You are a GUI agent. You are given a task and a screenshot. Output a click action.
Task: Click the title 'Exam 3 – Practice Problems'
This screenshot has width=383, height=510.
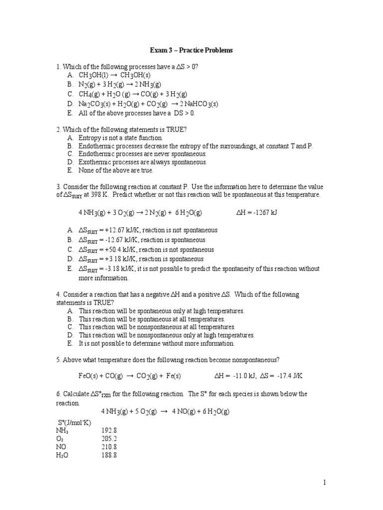pos(191,51)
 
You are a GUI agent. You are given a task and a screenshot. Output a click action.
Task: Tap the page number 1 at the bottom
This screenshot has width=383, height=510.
pos(324,483)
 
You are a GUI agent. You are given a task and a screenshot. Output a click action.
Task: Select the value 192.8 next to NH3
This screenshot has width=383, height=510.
pos(109,430)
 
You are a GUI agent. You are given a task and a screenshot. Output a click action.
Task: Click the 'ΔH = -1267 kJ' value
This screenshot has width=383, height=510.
pos(256,212)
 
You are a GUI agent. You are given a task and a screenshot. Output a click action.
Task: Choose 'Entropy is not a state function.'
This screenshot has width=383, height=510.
pos(121,137)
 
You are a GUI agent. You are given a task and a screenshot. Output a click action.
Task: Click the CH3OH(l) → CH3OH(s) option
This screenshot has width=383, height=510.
pos(114,75)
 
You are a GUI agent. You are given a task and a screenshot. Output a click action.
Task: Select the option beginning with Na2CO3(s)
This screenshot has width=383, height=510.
pos(148,104)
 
